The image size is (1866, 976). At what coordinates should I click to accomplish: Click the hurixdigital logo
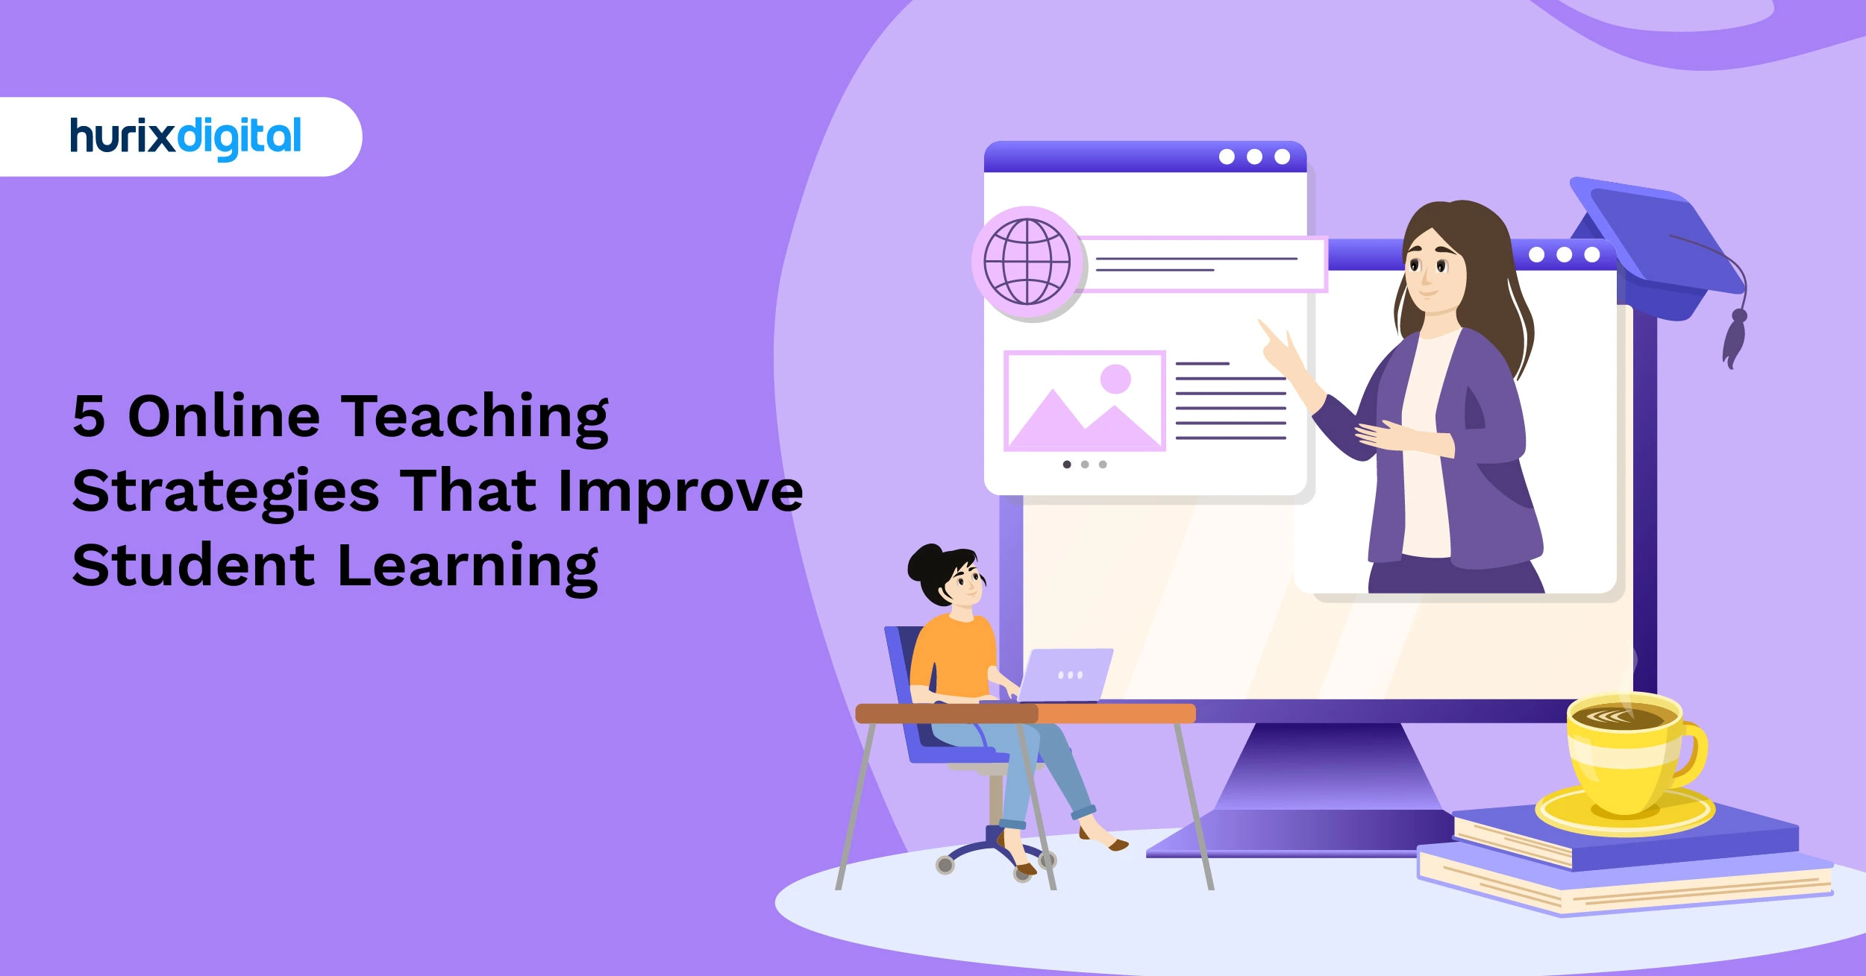pos(185,138)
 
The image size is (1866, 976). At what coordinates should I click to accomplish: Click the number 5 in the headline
pos(88,416)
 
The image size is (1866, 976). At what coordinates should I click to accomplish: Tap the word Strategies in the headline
pos(225,493)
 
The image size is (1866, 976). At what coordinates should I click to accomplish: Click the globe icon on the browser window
pos(1027,262)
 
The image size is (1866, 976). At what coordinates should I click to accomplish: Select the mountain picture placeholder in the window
pos(1084,401)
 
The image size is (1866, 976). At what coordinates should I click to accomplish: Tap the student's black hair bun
pos(923,563)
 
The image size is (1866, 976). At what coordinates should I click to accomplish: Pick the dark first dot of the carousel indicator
pos(1067,465)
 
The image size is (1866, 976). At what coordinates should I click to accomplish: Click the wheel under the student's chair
pos(945,865)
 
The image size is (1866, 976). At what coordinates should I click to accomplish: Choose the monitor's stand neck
pos(1328,768)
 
